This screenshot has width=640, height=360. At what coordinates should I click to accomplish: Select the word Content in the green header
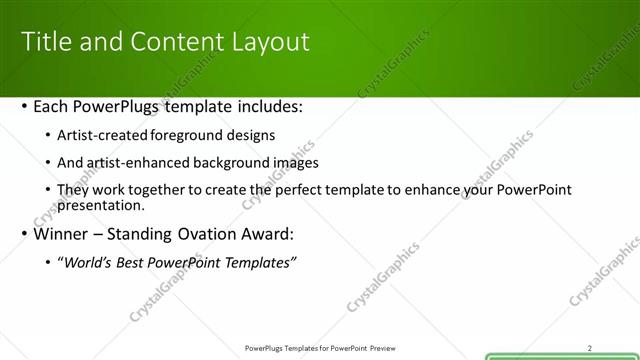pyautogui.click(x=166, y=41)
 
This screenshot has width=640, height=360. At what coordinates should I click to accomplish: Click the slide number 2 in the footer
pyautogui.click(x=590, y=348)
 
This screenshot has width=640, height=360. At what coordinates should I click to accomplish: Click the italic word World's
pyautogui.click(x=87, y=263)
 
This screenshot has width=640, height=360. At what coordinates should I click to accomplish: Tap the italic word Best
pyautogui.click(x=133, y=263)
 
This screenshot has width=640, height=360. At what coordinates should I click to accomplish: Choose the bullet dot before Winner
pyautogui.click(x=24, y=236)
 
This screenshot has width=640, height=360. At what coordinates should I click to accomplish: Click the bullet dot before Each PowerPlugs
pyautogui.click(x=24, y=107)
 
